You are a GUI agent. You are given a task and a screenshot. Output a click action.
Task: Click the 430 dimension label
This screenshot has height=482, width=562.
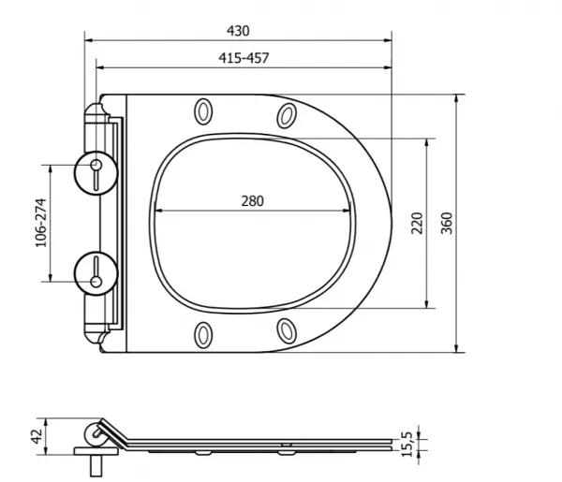238,31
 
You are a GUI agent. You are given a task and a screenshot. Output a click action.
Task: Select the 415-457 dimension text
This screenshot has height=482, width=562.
244,58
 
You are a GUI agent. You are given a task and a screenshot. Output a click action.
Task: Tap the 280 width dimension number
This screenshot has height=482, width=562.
252,201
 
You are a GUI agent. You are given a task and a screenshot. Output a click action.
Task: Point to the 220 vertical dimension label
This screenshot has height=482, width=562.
417,223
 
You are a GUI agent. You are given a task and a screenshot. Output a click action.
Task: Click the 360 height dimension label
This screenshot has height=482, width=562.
447,223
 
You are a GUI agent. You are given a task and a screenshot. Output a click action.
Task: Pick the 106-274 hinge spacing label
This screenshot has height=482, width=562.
41,223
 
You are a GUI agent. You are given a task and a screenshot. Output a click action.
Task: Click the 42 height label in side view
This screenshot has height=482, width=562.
37,436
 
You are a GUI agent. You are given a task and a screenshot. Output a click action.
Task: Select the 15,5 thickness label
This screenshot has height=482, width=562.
407,445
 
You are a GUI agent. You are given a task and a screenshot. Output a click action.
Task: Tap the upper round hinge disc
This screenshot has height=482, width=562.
96,173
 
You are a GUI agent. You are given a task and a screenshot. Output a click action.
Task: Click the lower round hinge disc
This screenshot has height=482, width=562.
96,273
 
